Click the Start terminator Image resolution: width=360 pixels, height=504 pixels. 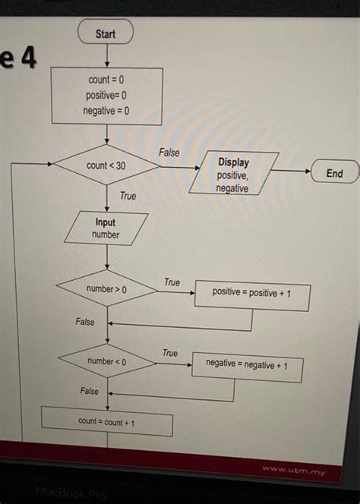106,33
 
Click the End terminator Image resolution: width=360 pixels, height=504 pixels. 334,174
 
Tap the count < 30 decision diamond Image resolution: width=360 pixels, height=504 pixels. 106,165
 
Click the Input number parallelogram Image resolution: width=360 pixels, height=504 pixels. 106,228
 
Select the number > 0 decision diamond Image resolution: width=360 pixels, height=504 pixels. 106,289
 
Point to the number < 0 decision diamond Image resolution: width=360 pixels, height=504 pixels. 106,361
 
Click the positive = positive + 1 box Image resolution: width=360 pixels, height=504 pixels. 251,293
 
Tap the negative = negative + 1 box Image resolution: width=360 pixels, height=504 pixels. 248,365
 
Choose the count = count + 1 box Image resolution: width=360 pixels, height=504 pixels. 106,421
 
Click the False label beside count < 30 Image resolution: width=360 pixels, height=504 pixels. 169,153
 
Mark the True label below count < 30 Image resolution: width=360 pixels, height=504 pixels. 128,197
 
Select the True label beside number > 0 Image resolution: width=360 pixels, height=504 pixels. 172,282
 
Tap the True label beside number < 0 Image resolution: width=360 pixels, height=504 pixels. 170,353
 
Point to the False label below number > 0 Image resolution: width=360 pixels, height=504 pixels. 85,322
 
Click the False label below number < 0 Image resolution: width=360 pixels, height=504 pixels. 89,391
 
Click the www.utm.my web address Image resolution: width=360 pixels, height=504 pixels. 294,471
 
